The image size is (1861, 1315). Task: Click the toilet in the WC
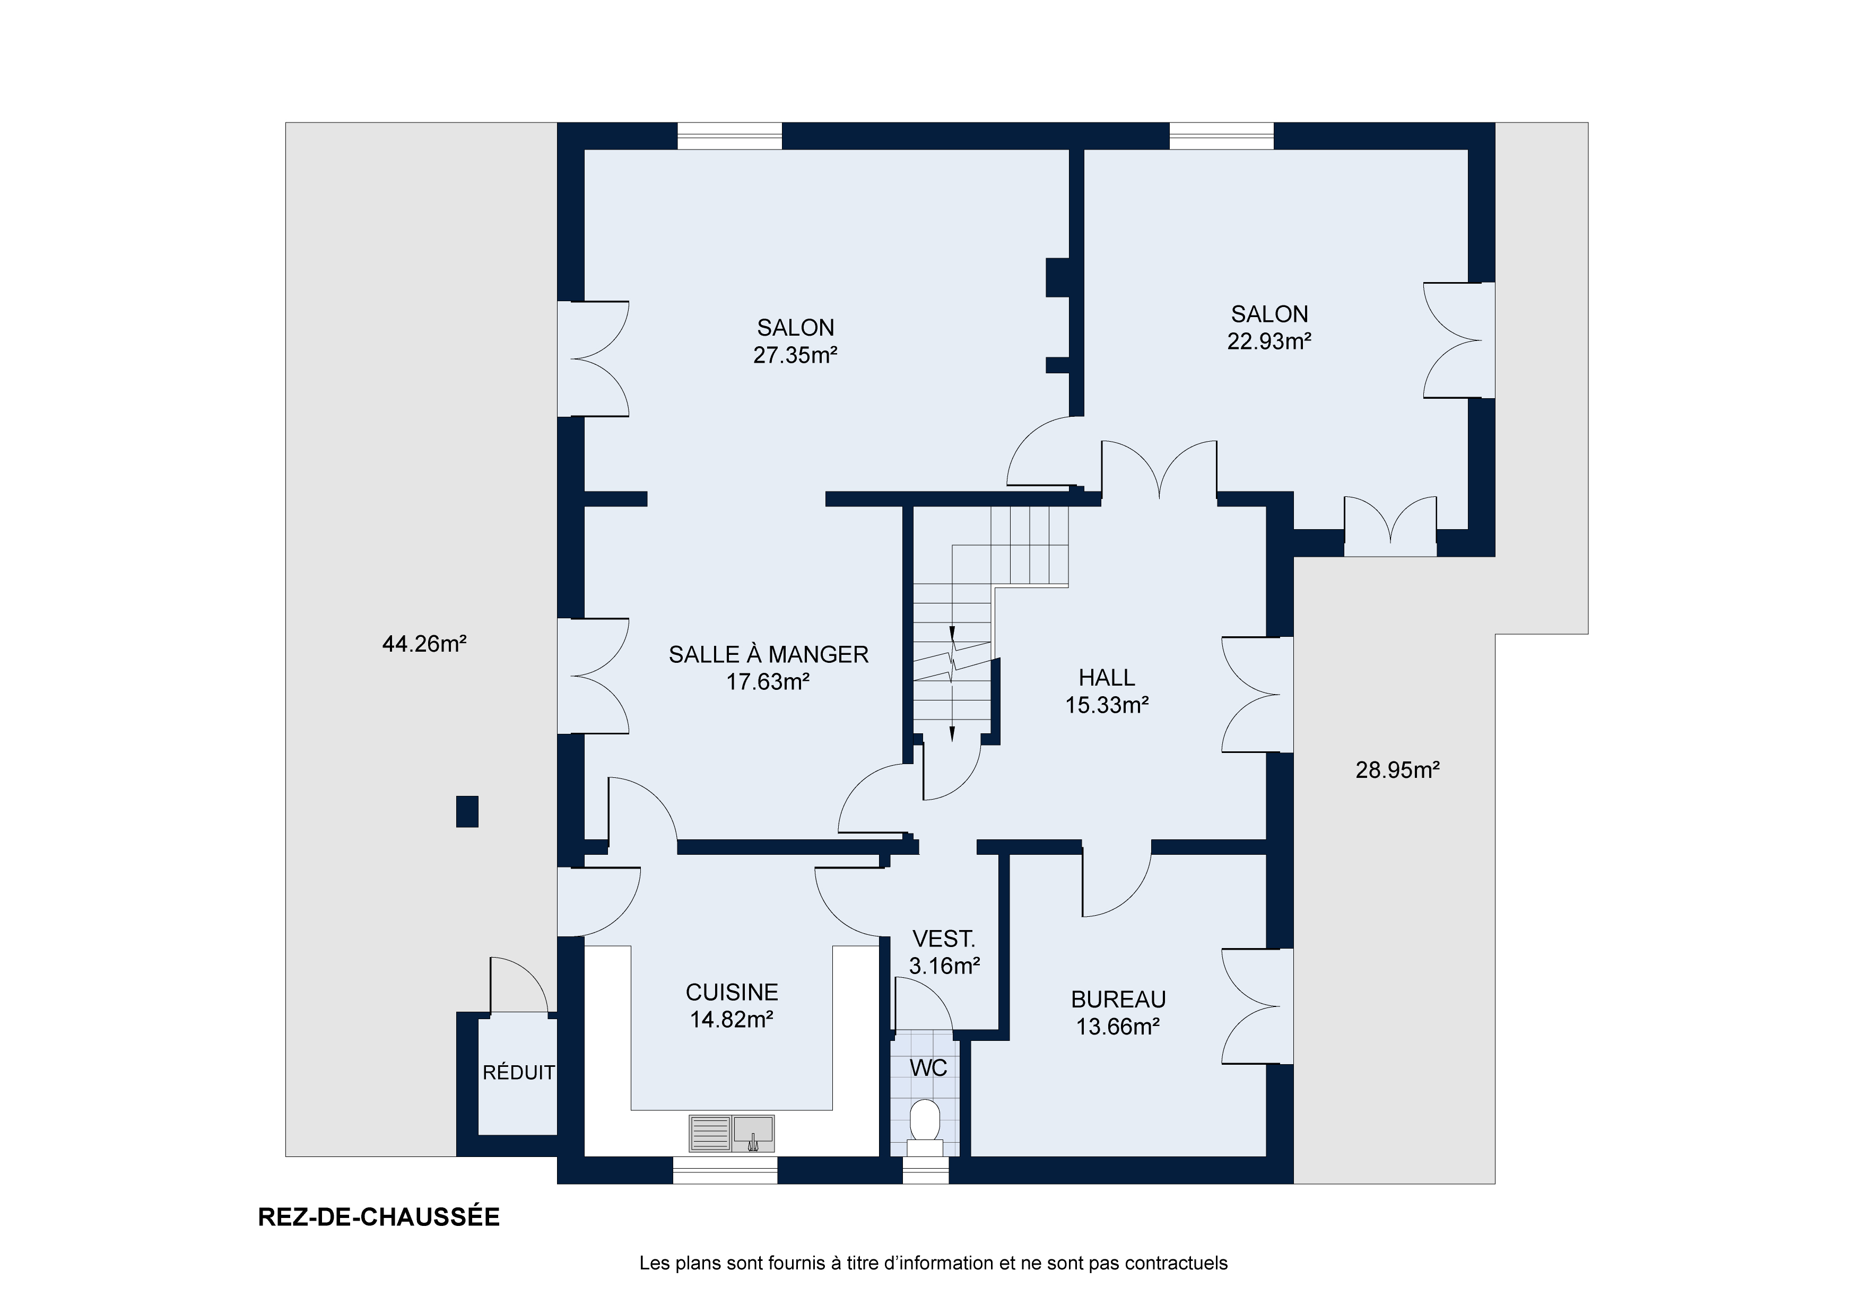point(924,1127)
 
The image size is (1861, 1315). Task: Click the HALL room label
point(1107,677)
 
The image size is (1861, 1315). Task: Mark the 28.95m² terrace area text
point(1397,770)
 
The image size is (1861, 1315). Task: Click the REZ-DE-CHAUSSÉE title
point(379,1218)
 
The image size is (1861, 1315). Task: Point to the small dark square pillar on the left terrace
point(467,812)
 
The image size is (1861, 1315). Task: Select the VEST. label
point(943,939)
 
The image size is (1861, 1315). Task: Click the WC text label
point(928,1068)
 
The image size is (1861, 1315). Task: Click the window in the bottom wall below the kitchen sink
point(725,1170)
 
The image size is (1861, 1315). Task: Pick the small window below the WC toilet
point(926,1170)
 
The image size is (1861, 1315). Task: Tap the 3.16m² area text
point(944,967)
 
